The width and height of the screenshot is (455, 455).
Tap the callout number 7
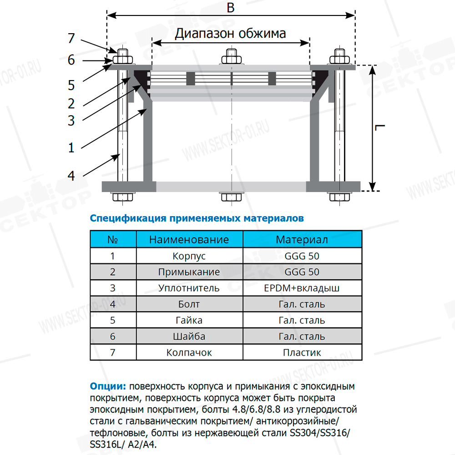coord(71,38)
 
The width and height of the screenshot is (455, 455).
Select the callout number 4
coord(71,175)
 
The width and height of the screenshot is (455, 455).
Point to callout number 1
coord(71,147)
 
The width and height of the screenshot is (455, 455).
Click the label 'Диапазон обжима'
coord(231,33)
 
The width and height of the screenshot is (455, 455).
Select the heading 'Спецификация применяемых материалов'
coord(197,218)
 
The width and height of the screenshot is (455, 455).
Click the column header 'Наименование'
coord(189,239)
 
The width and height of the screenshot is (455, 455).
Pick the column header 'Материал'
coord(302,239)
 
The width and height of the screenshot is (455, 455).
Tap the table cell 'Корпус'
coord(189,256)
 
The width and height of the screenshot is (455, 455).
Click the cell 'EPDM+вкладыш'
coord(302,288)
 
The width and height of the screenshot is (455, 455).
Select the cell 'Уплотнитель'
coord(189,288)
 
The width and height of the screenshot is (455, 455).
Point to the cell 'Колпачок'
coord(189,353)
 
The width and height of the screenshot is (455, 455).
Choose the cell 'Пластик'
coord(302,353)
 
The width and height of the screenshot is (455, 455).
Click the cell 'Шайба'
coord(189,337)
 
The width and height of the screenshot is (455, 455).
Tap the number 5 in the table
coord(113,320)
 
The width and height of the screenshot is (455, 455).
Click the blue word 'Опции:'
coord(108,387)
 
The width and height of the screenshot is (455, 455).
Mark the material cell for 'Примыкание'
coord(302,272)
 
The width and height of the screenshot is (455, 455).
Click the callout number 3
coord(71,120)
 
